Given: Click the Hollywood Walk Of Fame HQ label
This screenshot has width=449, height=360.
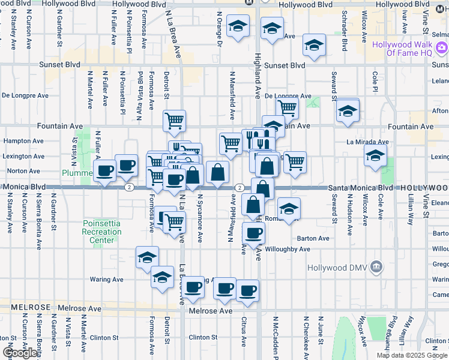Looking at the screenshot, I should [x=410, y=49].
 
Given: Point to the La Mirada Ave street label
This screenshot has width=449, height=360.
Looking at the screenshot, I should [x=368, y=142].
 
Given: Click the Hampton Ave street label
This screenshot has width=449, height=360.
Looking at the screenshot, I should [x=22, y=141].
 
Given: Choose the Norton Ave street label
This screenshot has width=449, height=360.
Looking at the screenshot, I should [x=20, y=171].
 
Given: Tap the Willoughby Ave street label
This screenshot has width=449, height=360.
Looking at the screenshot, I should [x=287, y=249].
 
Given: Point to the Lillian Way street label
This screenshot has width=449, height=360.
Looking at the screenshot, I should [x=411, y=211].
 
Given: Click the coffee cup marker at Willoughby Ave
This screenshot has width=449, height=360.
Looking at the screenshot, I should [x=253, y=233].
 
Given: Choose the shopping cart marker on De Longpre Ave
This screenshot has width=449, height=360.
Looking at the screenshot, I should [x=288, y=109].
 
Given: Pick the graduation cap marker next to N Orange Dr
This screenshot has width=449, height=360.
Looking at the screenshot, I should [x=238, y=26].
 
